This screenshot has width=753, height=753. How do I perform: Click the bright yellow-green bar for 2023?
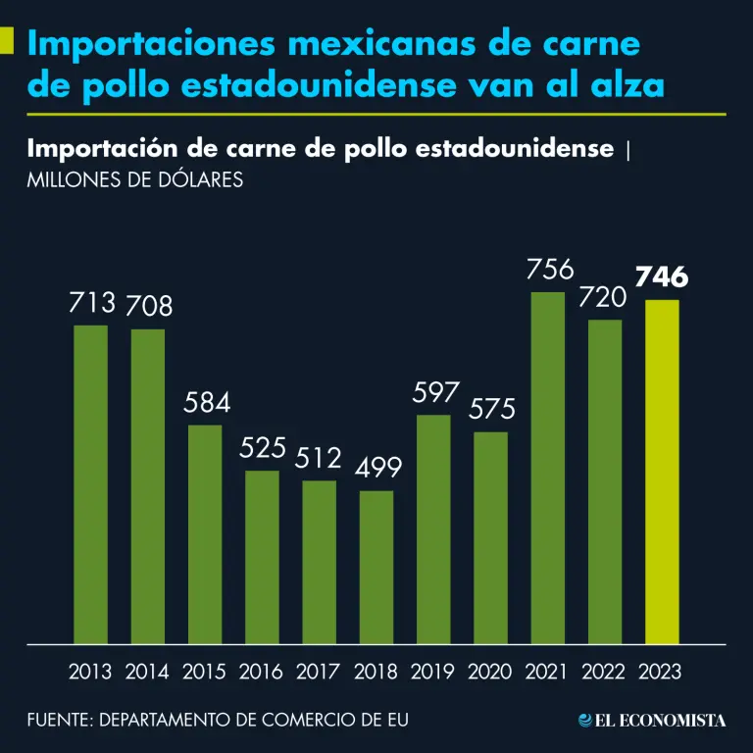coord(662,472)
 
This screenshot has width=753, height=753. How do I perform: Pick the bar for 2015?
coord(205,534)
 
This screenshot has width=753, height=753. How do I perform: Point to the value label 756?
coord(550,269)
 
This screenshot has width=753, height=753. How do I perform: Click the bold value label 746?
coord(662,277)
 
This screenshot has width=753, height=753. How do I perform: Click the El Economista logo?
coord(652,721)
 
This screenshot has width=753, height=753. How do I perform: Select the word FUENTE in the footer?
coord(58,721)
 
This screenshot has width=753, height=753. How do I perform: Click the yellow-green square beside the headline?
coord(7,40)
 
